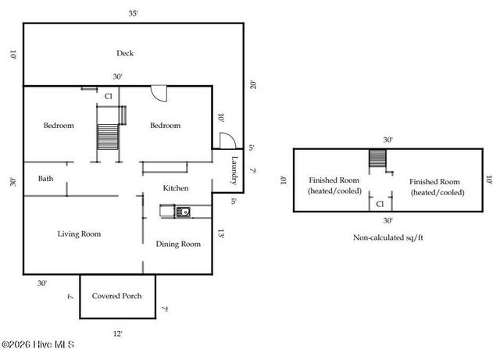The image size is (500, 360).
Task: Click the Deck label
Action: (125, 53)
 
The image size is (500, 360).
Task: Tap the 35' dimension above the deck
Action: (134, 13)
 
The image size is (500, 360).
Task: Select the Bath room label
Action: (45, 179)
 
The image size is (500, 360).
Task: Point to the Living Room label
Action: (79, 234)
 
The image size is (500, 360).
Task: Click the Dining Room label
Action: (178, 244)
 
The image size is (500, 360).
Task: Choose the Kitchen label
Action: (176, 188)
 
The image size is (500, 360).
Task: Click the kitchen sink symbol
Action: (183, 212)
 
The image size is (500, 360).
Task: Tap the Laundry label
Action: (234, 170)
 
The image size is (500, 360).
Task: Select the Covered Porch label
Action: (117, 296)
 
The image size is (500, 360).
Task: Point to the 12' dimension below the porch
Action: (118, 334)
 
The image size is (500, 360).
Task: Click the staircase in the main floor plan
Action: (108, 137)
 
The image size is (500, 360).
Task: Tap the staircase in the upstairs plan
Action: (377, 159)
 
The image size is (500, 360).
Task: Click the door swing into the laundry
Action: (227, 141)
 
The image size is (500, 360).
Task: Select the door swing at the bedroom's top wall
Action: (159, 94)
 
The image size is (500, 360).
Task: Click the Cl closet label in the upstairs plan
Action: (380, 204)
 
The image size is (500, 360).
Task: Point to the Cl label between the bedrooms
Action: (109, 96)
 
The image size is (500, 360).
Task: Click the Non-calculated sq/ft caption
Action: (388, 237)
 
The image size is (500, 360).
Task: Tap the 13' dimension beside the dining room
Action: (220, 233)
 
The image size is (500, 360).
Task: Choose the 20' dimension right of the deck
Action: (253, 85)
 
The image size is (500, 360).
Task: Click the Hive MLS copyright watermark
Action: (38, 344)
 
